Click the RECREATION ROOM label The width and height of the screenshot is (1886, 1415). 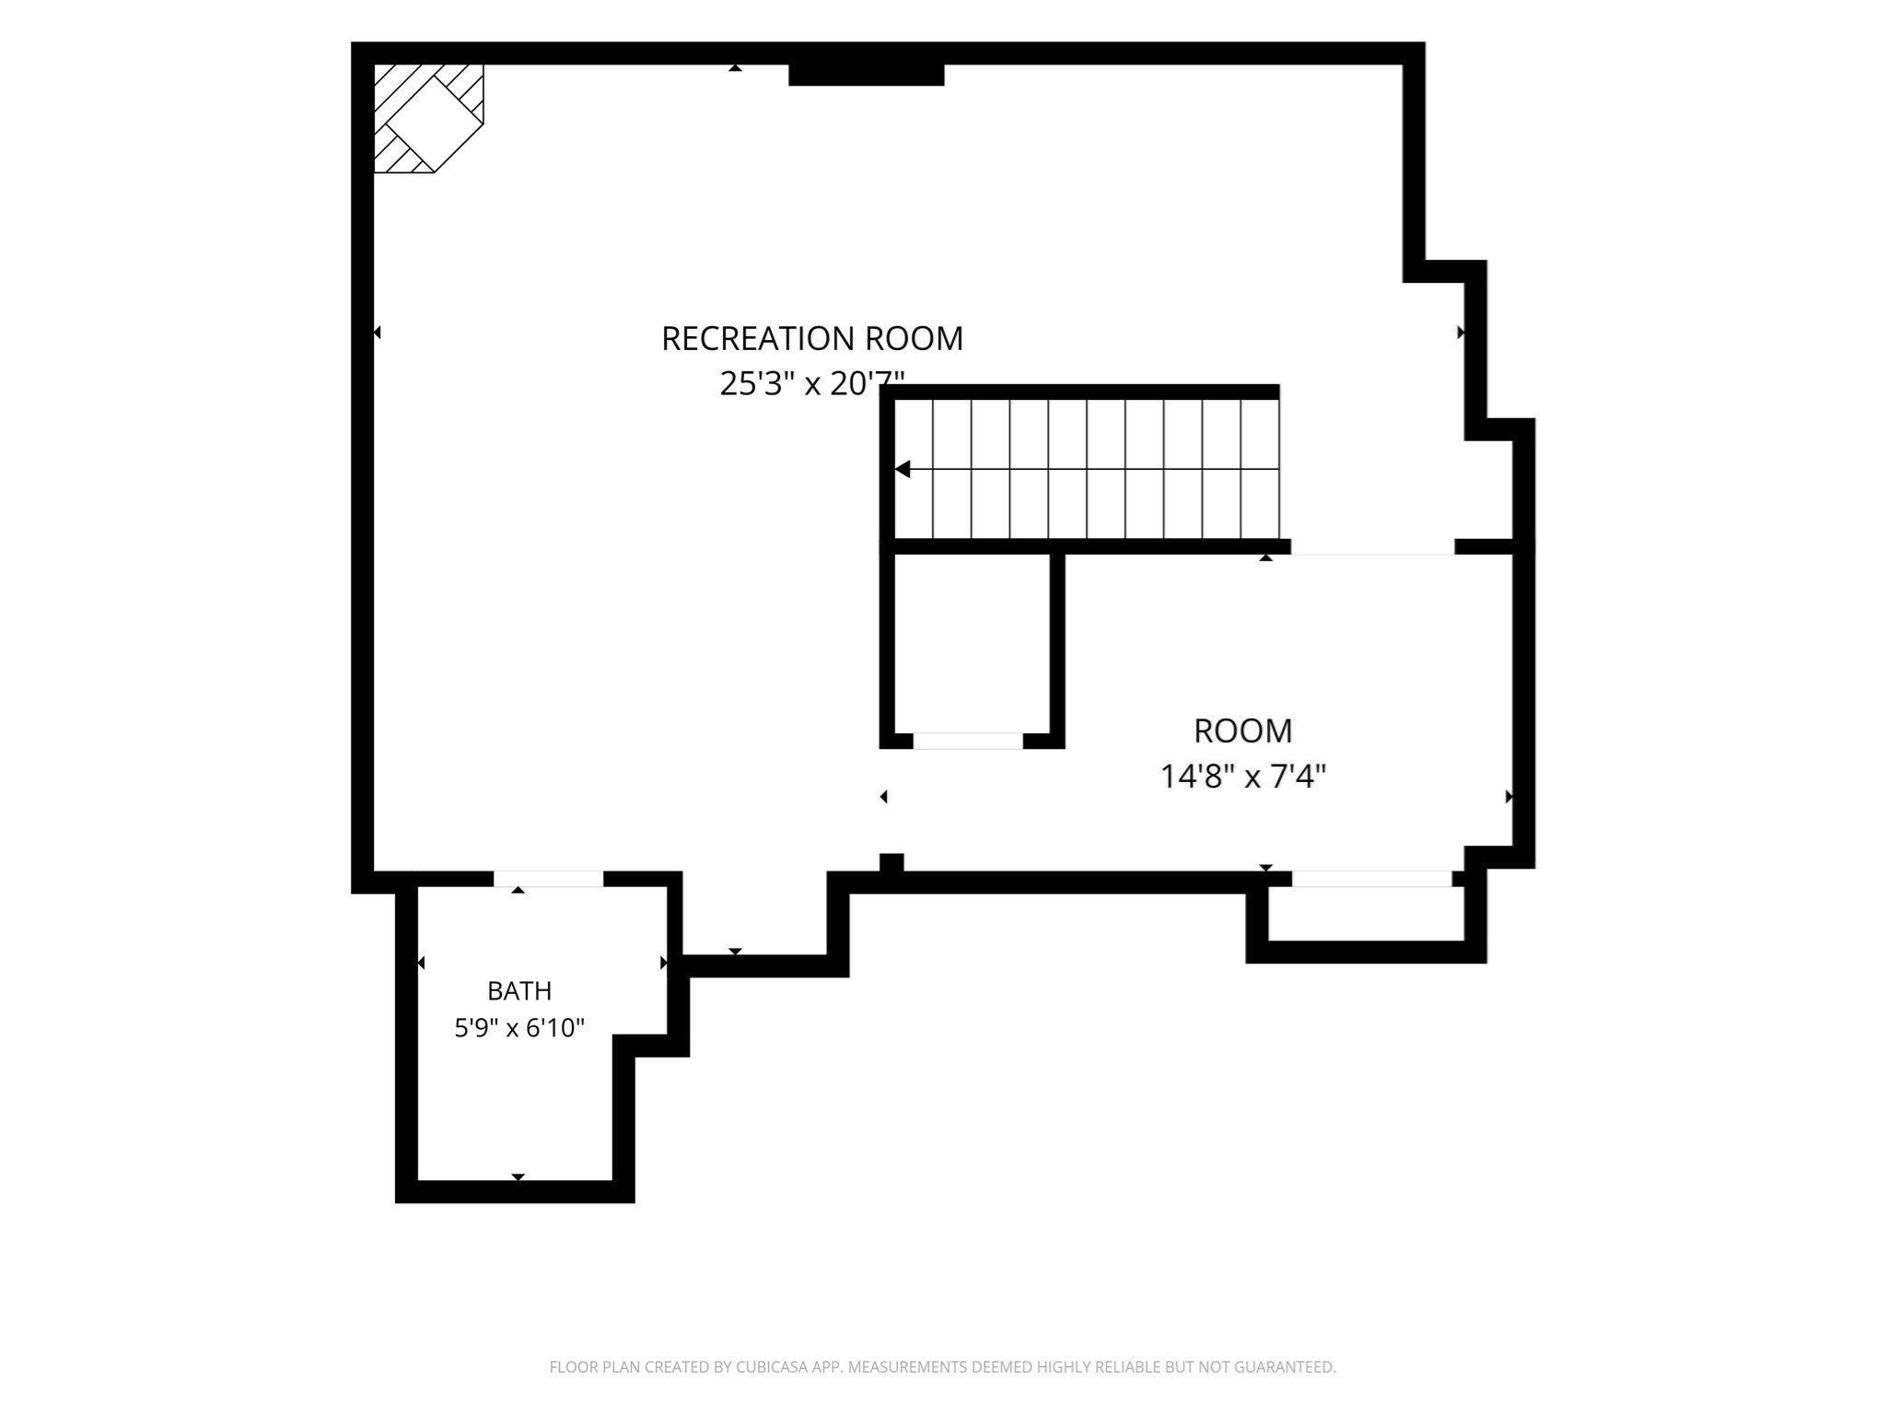[x=812, y=338]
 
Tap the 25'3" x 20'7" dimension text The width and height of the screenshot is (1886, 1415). [x=812, y=382]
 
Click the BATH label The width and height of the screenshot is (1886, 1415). [x=519, y=991]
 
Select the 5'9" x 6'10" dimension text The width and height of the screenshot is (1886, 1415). [x=519, y=1027]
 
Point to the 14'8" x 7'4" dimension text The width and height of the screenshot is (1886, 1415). [x=1242, y=777]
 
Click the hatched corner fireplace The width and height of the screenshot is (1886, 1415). [x=427, y=118]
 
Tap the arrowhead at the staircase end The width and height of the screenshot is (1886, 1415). [x=902, y=470]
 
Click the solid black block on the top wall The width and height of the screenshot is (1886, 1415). [x=867, y=75]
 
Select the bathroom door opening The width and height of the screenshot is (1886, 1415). [x=549, y=879]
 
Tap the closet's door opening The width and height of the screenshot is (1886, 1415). [x=968, y=742]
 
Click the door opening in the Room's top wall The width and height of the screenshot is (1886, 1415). [x=1372, y=547]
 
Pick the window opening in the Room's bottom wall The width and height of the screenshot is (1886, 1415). [x=1372, y=879]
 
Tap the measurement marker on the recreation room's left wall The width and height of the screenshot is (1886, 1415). [x=377, y=333]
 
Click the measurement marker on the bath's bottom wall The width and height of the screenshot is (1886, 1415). [x=518, y=1177]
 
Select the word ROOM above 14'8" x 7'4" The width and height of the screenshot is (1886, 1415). [x=1243, y=731]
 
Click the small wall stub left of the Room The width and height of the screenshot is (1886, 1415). [x=891, y=862]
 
